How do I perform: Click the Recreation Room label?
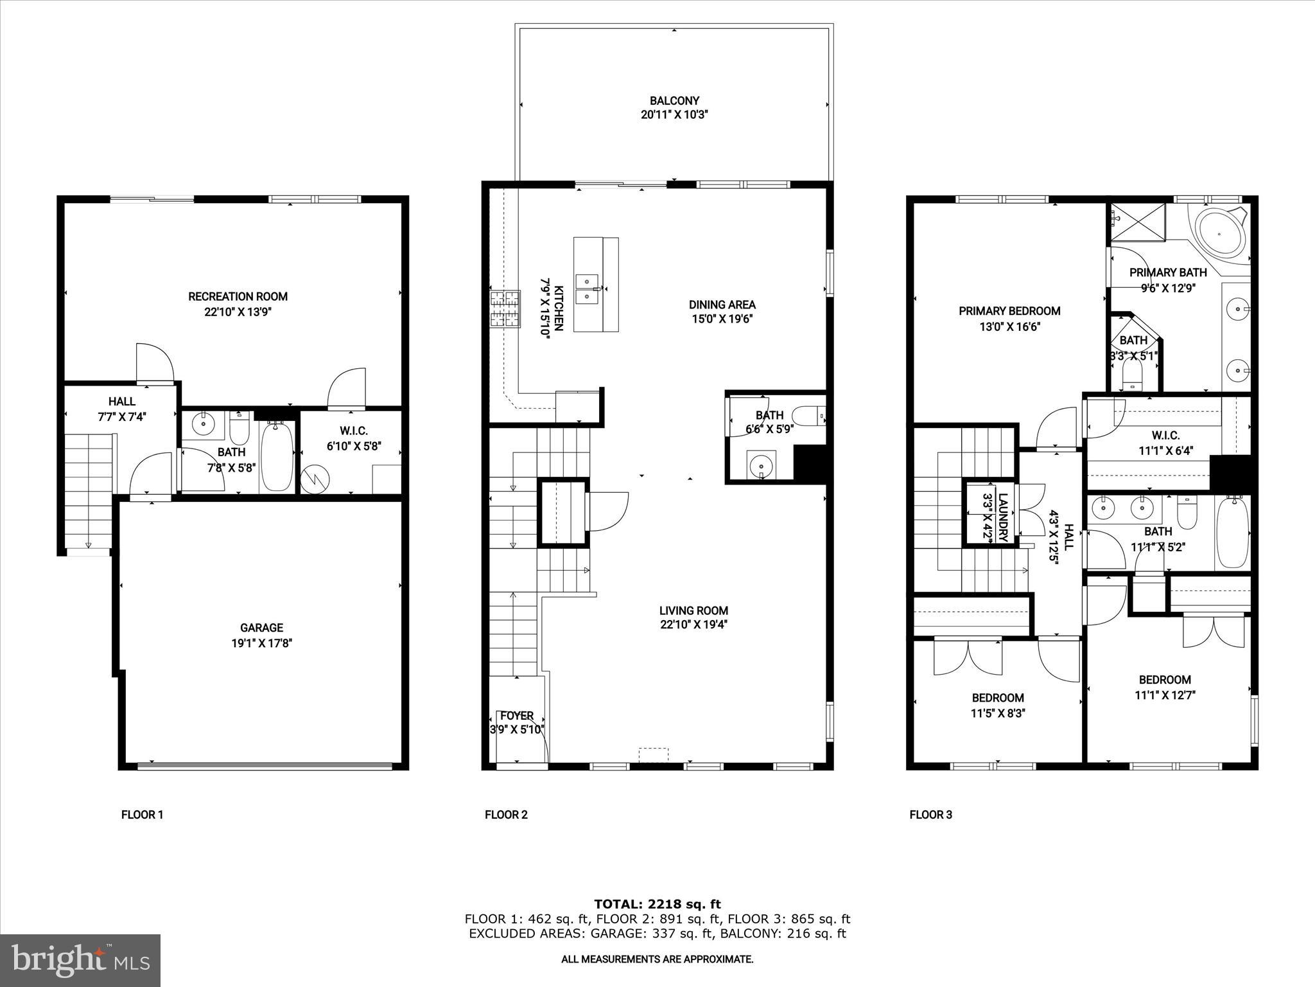[238, 296]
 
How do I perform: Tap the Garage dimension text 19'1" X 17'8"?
[261, 643]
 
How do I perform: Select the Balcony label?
[674, 100]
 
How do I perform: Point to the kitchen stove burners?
[505, 309]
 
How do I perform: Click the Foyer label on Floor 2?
[517, 715]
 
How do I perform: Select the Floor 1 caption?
[142, 815]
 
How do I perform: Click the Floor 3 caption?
[930, 815]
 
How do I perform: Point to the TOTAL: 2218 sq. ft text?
[657, 904]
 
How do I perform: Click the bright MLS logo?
[80, 960]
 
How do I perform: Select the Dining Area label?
[722, 305]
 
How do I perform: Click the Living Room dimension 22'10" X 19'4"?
[693, 624]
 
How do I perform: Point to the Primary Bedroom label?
[1009, 311]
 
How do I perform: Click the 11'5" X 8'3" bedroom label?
[997, 713]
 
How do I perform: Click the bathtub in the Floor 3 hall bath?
[1232, 531]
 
